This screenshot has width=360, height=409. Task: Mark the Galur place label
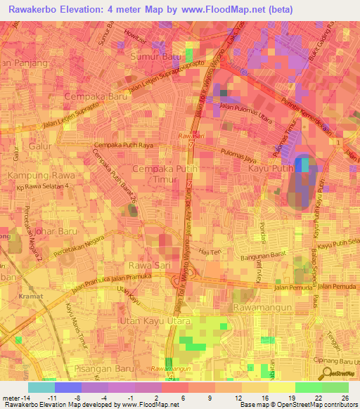(42, 147)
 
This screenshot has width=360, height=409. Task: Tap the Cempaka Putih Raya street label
(123, 145)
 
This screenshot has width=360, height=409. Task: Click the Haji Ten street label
(210, 251)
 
